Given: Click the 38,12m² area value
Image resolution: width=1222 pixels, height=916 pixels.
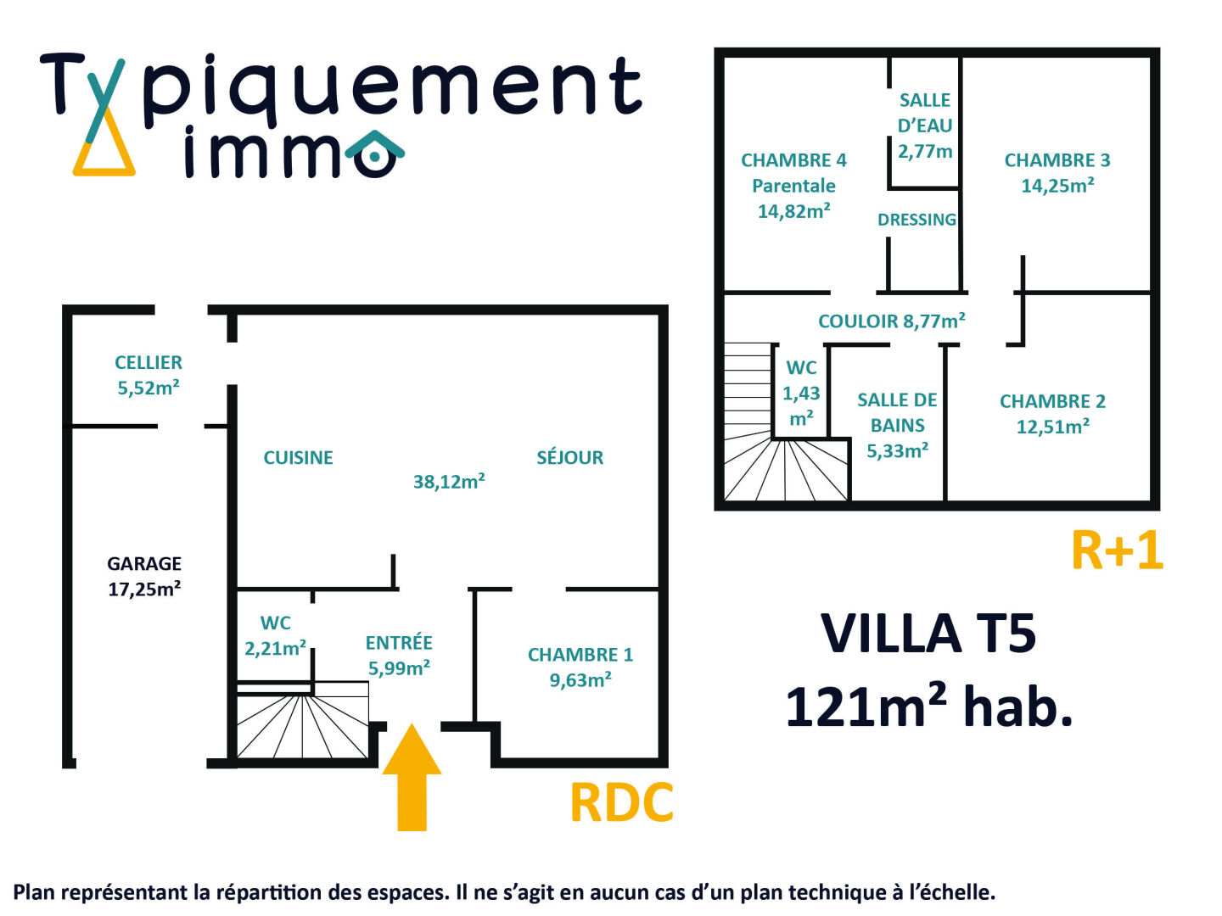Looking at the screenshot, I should click(449, 482).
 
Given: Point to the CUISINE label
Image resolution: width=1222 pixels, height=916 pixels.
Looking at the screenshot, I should click(298, 458).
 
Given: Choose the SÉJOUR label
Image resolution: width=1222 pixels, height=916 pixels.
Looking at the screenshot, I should click(569, 458).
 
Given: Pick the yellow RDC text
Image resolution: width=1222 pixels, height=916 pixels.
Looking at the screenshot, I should click(621, 802).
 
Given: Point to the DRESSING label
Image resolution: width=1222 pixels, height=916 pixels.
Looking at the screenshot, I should click(916, 220).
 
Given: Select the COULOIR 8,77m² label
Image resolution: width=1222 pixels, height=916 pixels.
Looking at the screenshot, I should click(891, 321).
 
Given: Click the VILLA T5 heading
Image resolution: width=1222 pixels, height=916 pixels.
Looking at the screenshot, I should click(928, 634).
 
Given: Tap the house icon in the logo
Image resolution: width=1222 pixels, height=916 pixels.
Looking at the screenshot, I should click(375, 154).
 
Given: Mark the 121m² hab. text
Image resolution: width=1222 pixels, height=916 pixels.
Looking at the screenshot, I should click(928, 707).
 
